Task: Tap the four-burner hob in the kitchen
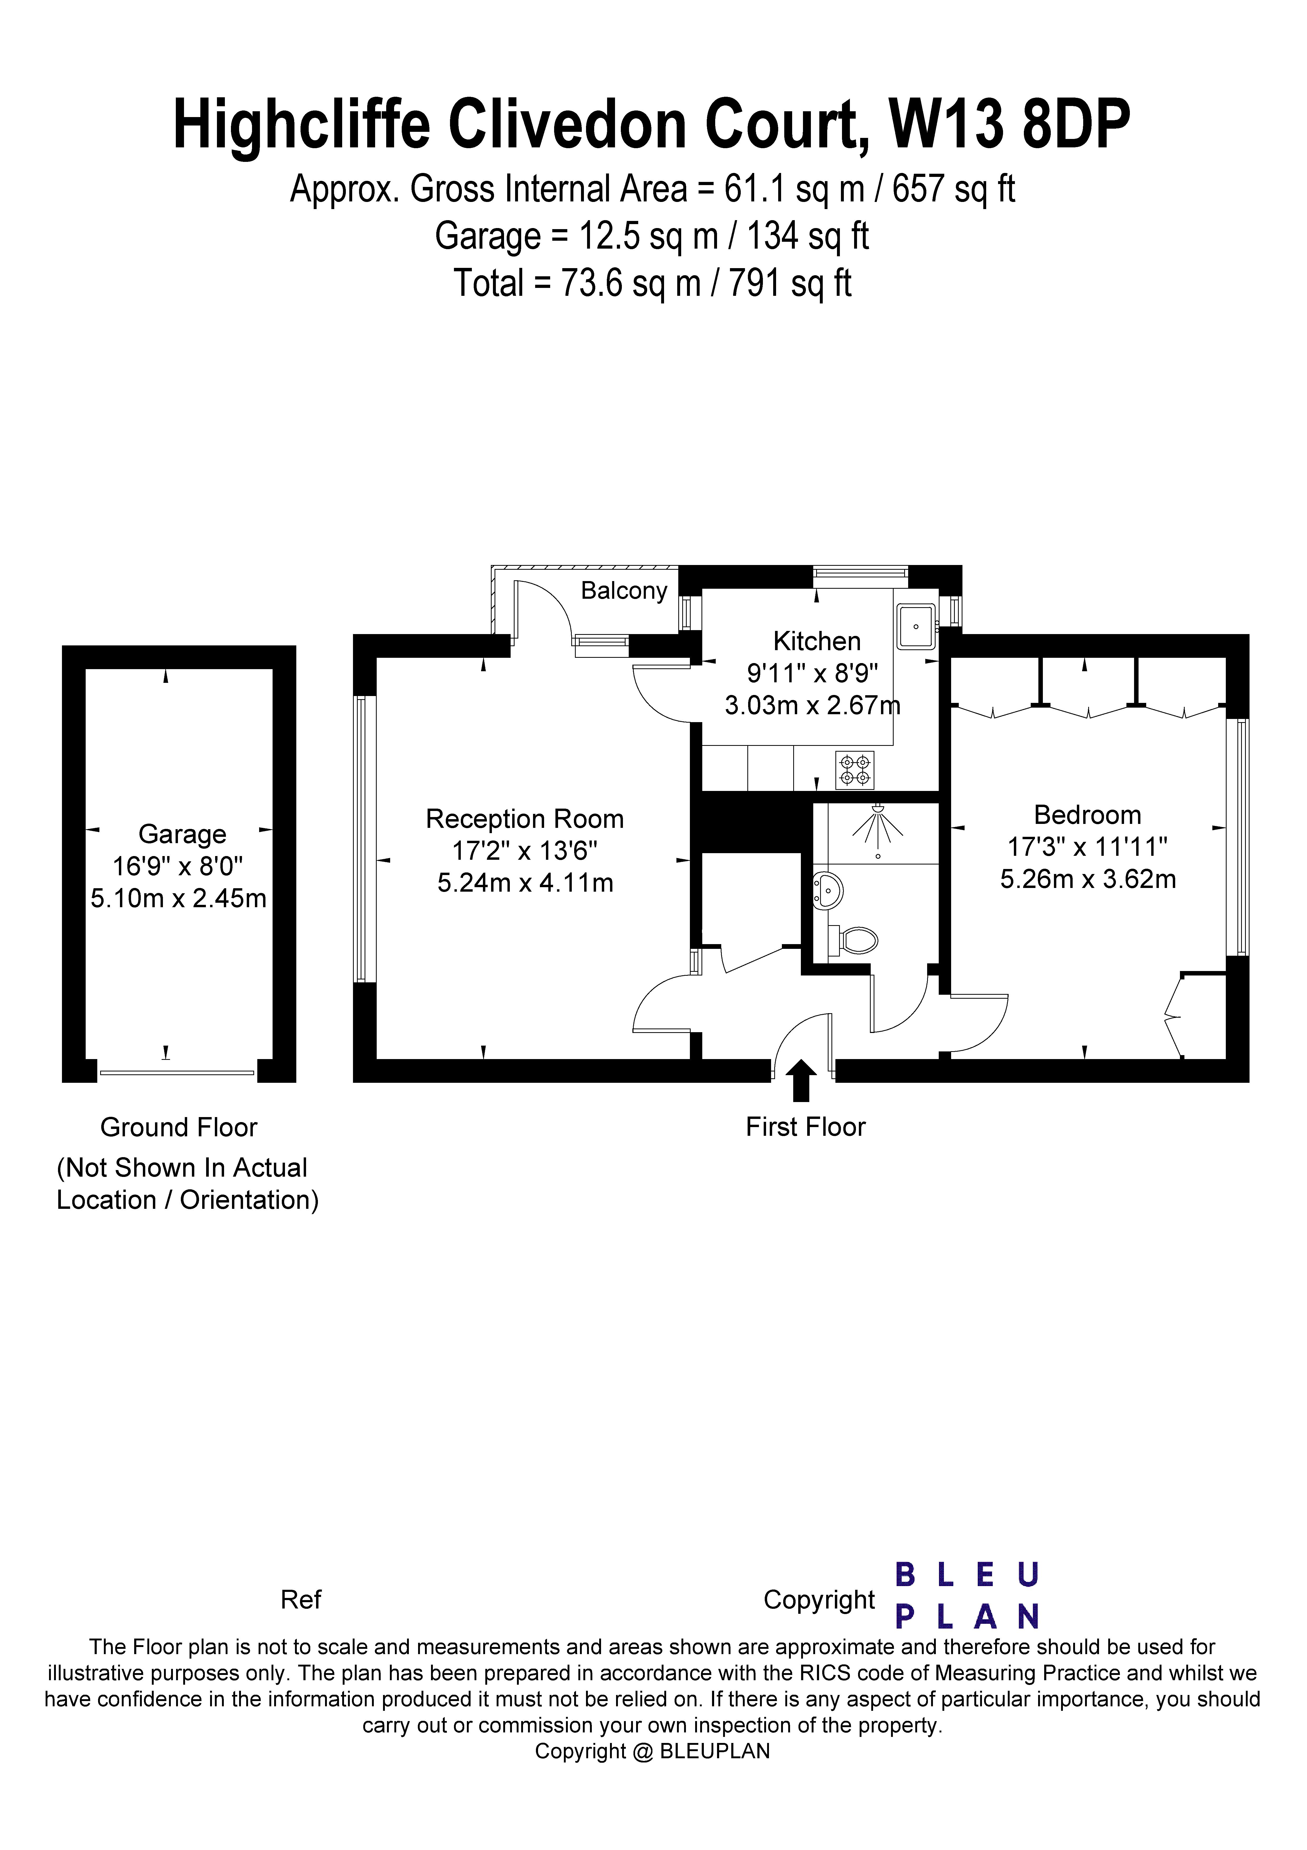coord(854,770)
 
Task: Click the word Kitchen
coord(816,641)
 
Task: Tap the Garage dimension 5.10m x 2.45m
coord(178,899)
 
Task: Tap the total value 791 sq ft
coord(790,284)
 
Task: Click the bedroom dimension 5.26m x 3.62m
coord(1088,879)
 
